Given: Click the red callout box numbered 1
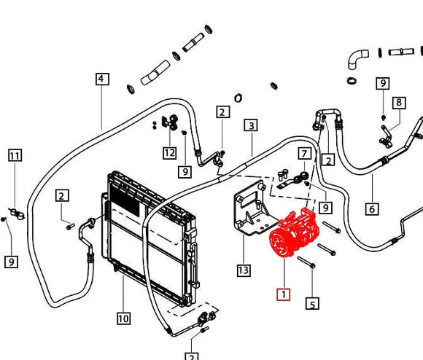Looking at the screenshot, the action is (x=284, y=294).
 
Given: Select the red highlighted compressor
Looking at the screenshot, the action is (x=295, y=232).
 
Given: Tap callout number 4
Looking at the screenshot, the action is (x=102, y=79).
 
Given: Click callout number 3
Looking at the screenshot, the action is (x=251, y=125).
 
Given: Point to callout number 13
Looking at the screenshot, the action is (x=244, y=270).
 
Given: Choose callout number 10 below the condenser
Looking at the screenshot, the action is (x=123, y=318).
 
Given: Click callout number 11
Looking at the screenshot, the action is (x=15, y=155).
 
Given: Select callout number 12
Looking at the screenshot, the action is (x=170, y=153).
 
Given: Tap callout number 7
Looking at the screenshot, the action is (x=305, y=154).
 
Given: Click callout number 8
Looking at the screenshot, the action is (x=399, y=103).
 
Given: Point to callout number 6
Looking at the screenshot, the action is (x=372, y=209).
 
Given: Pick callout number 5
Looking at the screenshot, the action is (x=312, y=304).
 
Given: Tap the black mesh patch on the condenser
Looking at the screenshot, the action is (x=125, y=200).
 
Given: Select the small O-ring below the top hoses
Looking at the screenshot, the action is (x=238, y=98).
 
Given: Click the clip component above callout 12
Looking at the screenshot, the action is (x=170, y=122).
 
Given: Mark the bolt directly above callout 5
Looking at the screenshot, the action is (x=306, y=262).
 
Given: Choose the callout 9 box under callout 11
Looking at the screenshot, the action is (x=12, y=262).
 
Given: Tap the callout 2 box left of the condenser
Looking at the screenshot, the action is (x=62, y=195).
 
